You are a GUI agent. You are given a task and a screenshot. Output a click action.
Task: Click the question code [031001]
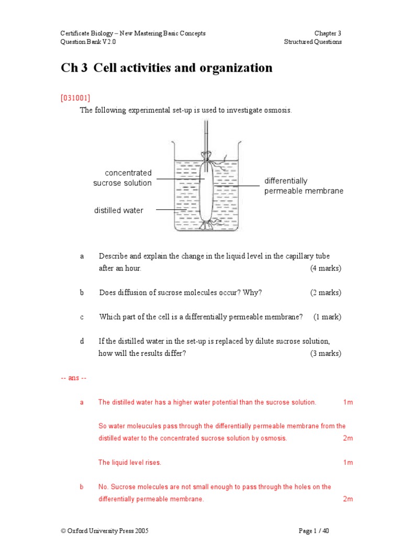coord(75,97)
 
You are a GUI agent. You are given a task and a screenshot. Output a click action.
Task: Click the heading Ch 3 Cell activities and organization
coord(166,68)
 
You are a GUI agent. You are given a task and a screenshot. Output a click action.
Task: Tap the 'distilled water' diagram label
coord(118,210)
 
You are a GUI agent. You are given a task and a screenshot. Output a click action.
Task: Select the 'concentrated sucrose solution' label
coord(123,178)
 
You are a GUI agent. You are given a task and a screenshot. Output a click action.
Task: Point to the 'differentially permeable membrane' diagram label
coord(304,186)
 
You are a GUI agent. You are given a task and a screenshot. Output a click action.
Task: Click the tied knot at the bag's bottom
coord(206,225)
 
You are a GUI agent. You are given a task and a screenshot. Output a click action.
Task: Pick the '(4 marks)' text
coord(325,269)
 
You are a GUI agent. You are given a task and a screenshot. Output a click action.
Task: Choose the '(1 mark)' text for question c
coord(327,317)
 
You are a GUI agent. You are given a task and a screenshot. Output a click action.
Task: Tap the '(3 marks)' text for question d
coord(325,353)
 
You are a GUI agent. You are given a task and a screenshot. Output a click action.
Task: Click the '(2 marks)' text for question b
coord(325,293)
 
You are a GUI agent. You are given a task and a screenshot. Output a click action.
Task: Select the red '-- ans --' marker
coord(74,378)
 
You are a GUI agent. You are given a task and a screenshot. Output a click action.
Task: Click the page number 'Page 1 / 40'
coord(314,531)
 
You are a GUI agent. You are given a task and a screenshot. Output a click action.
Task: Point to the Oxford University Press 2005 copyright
coord(105,531)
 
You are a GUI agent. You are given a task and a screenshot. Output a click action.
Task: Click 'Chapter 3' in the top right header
coord(328,33)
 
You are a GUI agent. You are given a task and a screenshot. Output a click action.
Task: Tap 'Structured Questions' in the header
coord(313,42)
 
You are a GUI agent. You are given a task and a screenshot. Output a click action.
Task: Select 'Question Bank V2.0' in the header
coord(88,42)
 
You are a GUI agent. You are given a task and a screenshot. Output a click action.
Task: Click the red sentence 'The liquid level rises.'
coord(130,463)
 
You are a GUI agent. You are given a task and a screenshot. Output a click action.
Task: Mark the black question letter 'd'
coord(82,341)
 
